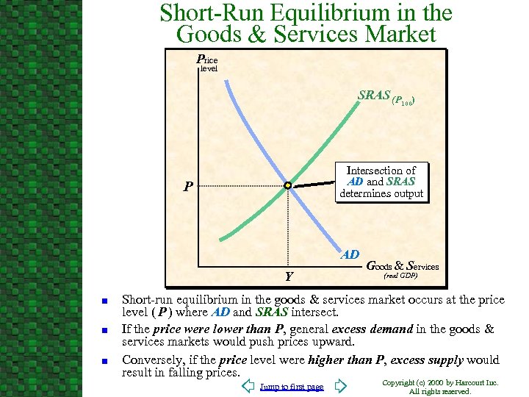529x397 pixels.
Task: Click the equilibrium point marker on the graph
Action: pyautogui.click(x=289, y=185)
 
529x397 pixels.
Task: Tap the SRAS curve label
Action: pyautogui.click(x=389, y=96)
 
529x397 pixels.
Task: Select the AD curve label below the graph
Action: pyautogui.click(x=350, y=255)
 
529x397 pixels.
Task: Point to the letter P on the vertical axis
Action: pyautogui.click(x=189, y=186)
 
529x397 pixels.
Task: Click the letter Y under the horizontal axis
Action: pyautogui.click(x=289, y=276)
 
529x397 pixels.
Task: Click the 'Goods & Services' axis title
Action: pyautogui.click(x=402, y=265)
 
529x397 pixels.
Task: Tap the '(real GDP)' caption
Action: pyautogui.click(x=401, y=276)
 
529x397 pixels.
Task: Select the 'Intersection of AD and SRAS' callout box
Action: pyautogui.click(x=381, y=182)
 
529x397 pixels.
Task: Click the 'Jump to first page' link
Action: pyautogui.click(x=292, y=387)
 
